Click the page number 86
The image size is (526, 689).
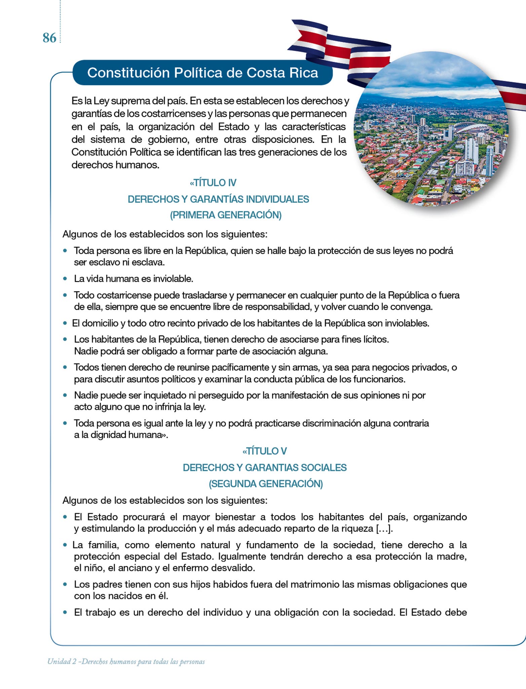tap(49, 38)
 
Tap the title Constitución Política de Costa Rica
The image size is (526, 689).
tap(202, 73)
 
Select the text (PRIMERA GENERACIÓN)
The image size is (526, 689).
tap(226, 215)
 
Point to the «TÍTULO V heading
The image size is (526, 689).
tap(265, 451)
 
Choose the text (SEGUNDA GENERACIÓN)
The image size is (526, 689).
tap(266, 484)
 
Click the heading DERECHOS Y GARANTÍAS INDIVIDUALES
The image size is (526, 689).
tap(218, 199)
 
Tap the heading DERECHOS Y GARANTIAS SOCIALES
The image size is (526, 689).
tap(265, 468)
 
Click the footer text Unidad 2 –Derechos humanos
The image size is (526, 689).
tap(126, 661)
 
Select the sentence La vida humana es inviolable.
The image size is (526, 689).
tap(134, 279)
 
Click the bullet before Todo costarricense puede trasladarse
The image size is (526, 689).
tap(65, 295)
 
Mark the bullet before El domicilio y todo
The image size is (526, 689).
tap(65, 323)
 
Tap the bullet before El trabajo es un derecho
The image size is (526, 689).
tap(65, 612)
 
